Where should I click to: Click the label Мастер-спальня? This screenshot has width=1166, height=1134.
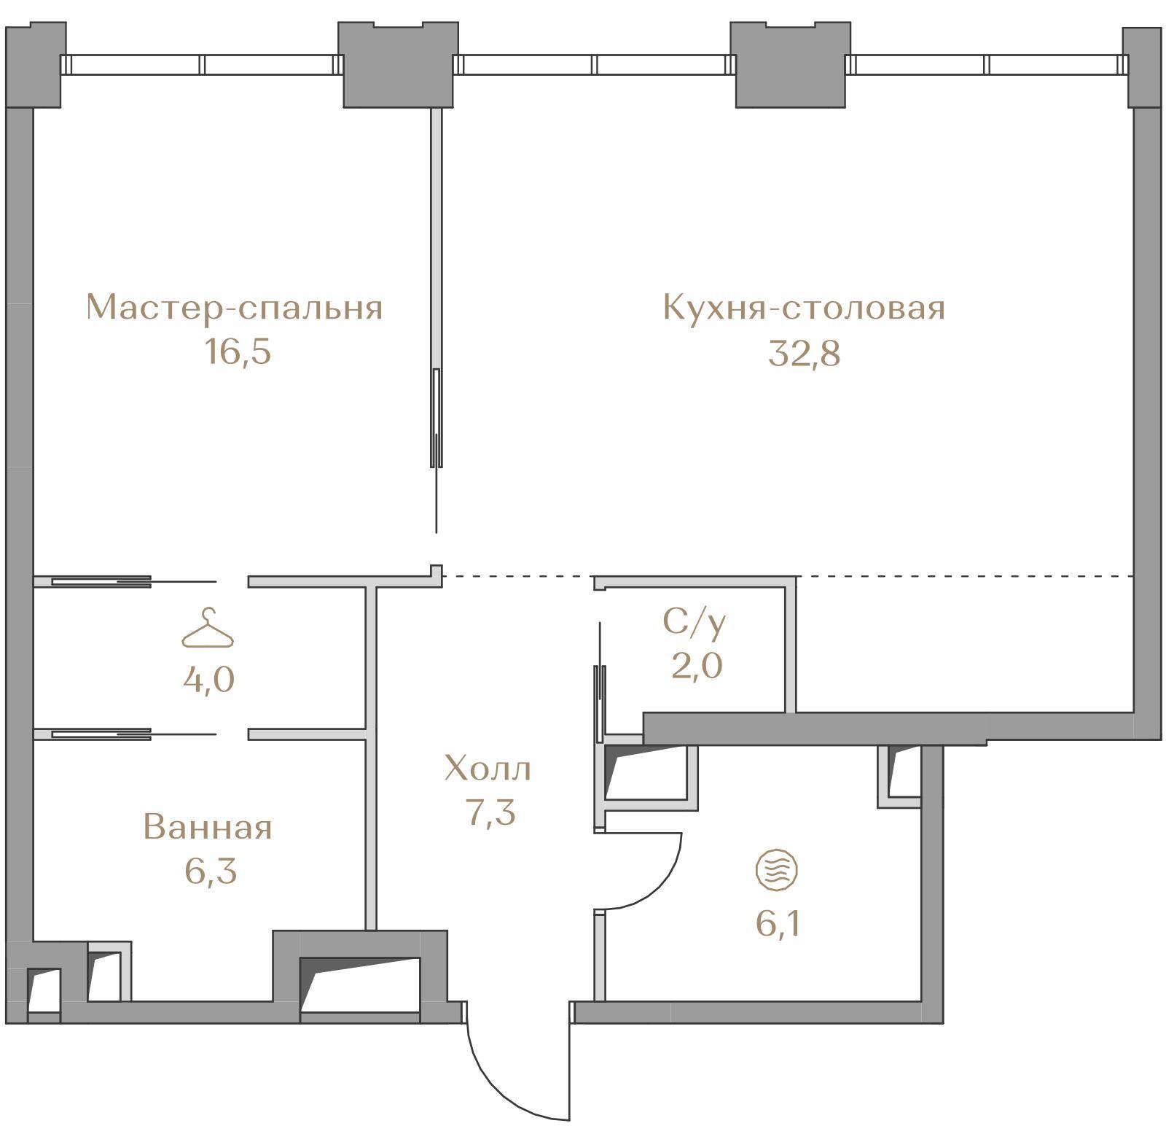234,308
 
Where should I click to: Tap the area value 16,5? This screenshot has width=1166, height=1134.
238,352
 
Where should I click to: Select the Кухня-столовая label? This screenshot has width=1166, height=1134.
804,308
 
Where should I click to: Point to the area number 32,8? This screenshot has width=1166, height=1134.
805,354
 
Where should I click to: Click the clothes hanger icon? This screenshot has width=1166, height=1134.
208,628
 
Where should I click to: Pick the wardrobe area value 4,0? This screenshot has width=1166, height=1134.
209,680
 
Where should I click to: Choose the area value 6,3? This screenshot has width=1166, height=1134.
211,871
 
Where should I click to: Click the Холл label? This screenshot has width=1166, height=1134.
488,769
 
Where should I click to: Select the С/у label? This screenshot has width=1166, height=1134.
694,622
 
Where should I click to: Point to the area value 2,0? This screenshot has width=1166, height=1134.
697,666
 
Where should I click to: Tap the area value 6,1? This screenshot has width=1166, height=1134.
779,925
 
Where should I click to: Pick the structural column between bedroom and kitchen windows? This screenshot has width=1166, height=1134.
399,64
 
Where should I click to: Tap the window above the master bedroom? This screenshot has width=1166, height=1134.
202,65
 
